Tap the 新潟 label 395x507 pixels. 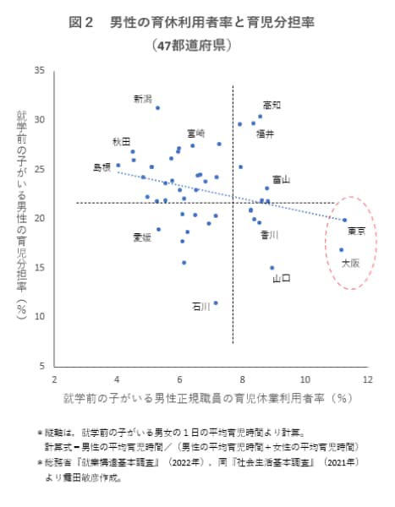(x=143, y=99)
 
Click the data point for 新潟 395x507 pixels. (x=157, y=108)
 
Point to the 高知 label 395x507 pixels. (x=272, y=105)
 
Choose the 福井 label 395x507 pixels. (x=265, y=134)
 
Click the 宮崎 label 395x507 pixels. (x=196, y=133)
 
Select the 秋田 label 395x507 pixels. (x=121, y=141)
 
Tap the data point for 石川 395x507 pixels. (x=216, y=303)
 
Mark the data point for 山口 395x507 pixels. (x=272, y=268)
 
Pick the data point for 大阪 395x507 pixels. (x=341, y=250)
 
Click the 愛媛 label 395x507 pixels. (x=142, y=237)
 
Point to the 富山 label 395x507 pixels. (x=281, y=179)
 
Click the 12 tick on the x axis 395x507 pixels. (x=369, y=379)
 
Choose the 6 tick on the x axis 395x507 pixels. (x=180, y=379)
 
